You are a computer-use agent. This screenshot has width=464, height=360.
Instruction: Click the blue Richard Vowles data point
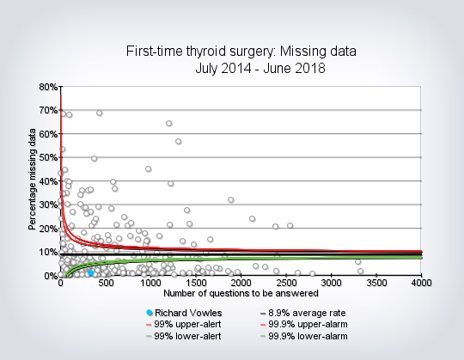click(91, 272)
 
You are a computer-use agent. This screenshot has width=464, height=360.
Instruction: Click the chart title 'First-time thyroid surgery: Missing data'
click(241, 52)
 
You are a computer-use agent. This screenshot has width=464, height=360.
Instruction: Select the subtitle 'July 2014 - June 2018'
click(260, 69)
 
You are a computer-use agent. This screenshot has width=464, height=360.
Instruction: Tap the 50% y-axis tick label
click(48, 157)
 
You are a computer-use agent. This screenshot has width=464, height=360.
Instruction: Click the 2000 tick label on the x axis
click(241, 283)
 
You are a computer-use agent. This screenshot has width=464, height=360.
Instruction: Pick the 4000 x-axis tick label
click(421, 283)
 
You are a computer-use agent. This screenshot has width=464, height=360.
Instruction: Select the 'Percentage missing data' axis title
click(33, 180)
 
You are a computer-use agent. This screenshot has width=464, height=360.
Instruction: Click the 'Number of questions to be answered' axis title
click(241, 294)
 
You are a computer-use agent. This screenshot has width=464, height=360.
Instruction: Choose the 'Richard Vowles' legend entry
click(184, 313)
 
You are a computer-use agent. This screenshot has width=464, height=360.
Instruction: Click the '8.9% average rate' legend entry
click(302, 313)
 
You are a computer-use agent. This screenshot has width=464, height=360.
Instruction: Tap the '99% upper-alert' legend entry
click(184, 324)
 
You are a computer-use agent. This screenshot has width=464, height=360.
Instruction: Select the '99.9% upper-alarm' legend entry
click(304, 324)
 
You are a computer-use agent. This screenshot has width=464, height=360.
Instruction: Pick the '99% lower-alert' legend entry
click(184, 336)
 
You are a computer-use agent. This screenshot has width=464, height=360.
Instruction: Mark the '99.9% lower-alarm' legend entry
click(304, 336)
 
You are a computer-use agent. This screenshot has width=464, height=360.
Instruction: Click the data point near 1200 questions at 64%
click(169, 124)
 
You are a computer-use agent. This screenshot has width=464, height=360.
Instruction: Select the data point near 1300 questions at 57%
click(179, 142)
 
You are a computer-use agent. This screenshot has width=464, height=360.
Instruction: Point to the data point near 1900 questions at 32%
click(231, 200)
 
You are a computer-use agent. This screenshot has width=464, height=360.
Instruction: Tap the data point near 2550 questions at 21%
click(290, 226)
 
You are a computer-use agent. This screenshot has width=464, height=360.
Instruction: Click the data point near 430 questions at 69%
click(100, 113)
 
